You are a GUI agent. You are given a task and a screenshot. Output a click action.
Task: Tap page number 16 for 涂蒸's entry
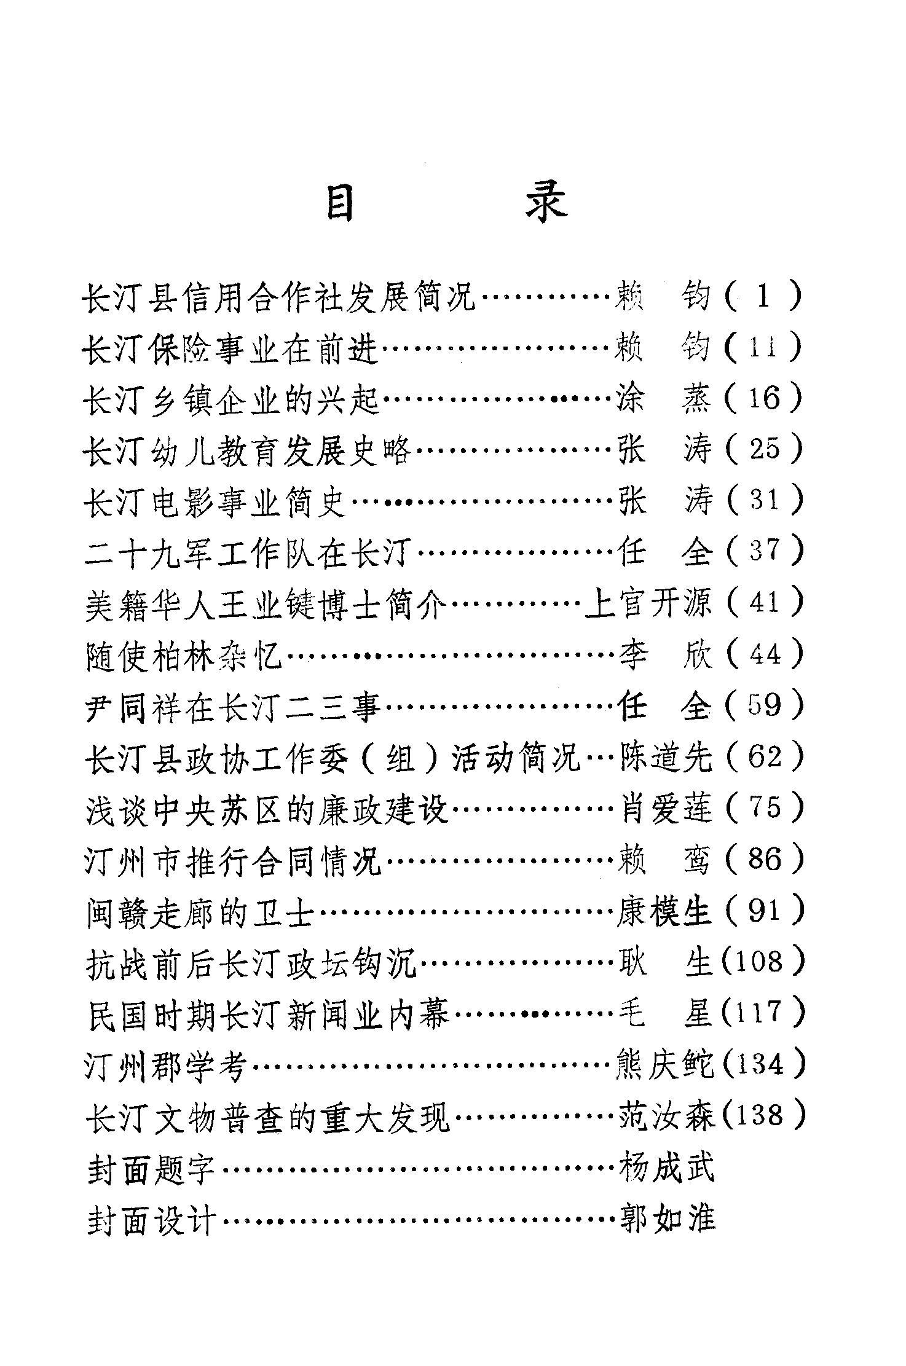(764, 398)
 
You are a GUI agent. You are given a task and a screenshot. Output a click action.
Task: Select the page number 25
(764, 449)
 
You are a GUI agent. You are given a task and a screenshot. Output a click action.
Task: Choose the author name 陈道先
(665, 756)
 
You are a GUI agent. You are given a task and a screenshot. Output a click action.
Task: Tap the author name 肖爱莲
(665, 808)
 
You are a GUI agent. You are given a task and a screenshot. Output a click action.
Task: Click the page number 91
(764, 910)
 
